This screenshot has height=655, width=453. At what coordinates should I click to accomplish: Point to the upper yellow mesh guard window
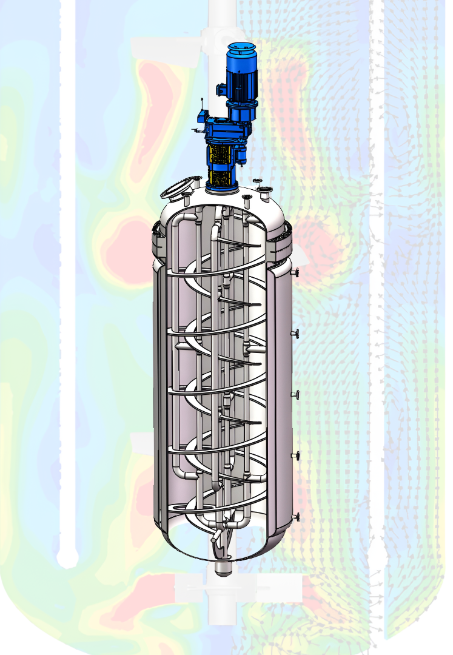click(222, 154)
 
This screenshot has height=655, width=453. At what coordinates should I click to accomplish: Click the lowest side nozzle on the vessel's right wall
click(296, 517)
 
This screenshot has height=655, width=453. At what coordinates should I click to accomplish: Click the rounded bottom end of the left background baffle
click(67, 557)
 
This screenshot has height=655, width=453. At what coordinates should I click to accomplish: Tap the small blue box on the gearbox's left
click(201, 116)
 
